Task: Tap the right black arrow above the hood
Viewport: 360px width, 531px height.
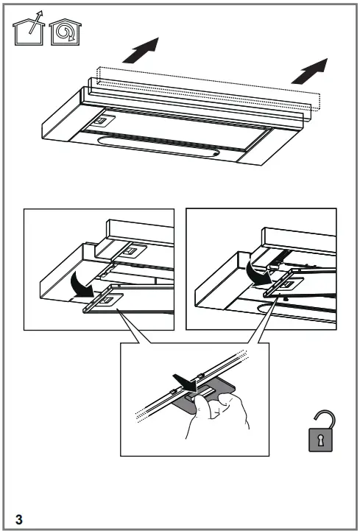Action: (x=308, y=71)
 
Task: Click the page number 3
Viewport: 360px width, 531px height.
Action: (x=20, y=518)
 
